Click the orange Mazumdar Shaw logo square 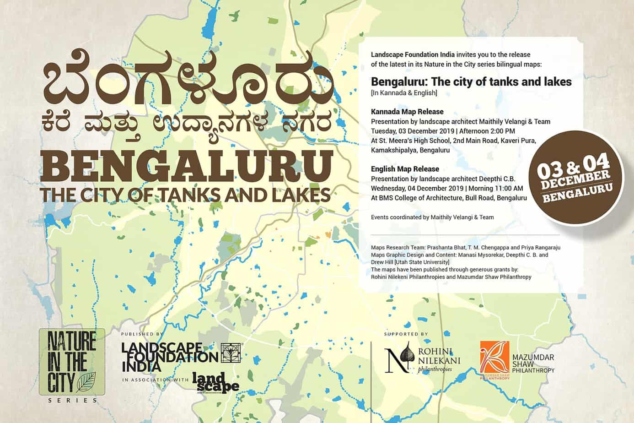pyautogui.click(x=495, y=359)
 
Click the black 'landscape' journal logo pyautogui.click(x=215, y=382)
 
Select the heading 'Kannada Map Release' pyautogui.click(x=407, y=112)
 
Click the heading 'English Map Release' pyautogui.click(x=405, y=169)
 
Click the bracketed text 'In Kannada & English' pyautogui.click(x=404, y=93)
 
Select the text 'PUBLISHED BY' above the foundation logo pyautogui.click(x=142, y=335)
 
